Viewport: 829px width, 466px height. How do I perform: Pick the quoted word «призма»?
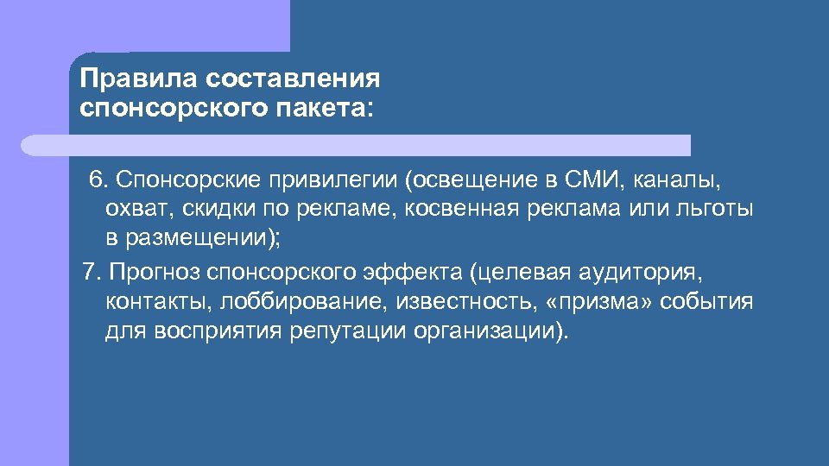click(594, 303)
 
